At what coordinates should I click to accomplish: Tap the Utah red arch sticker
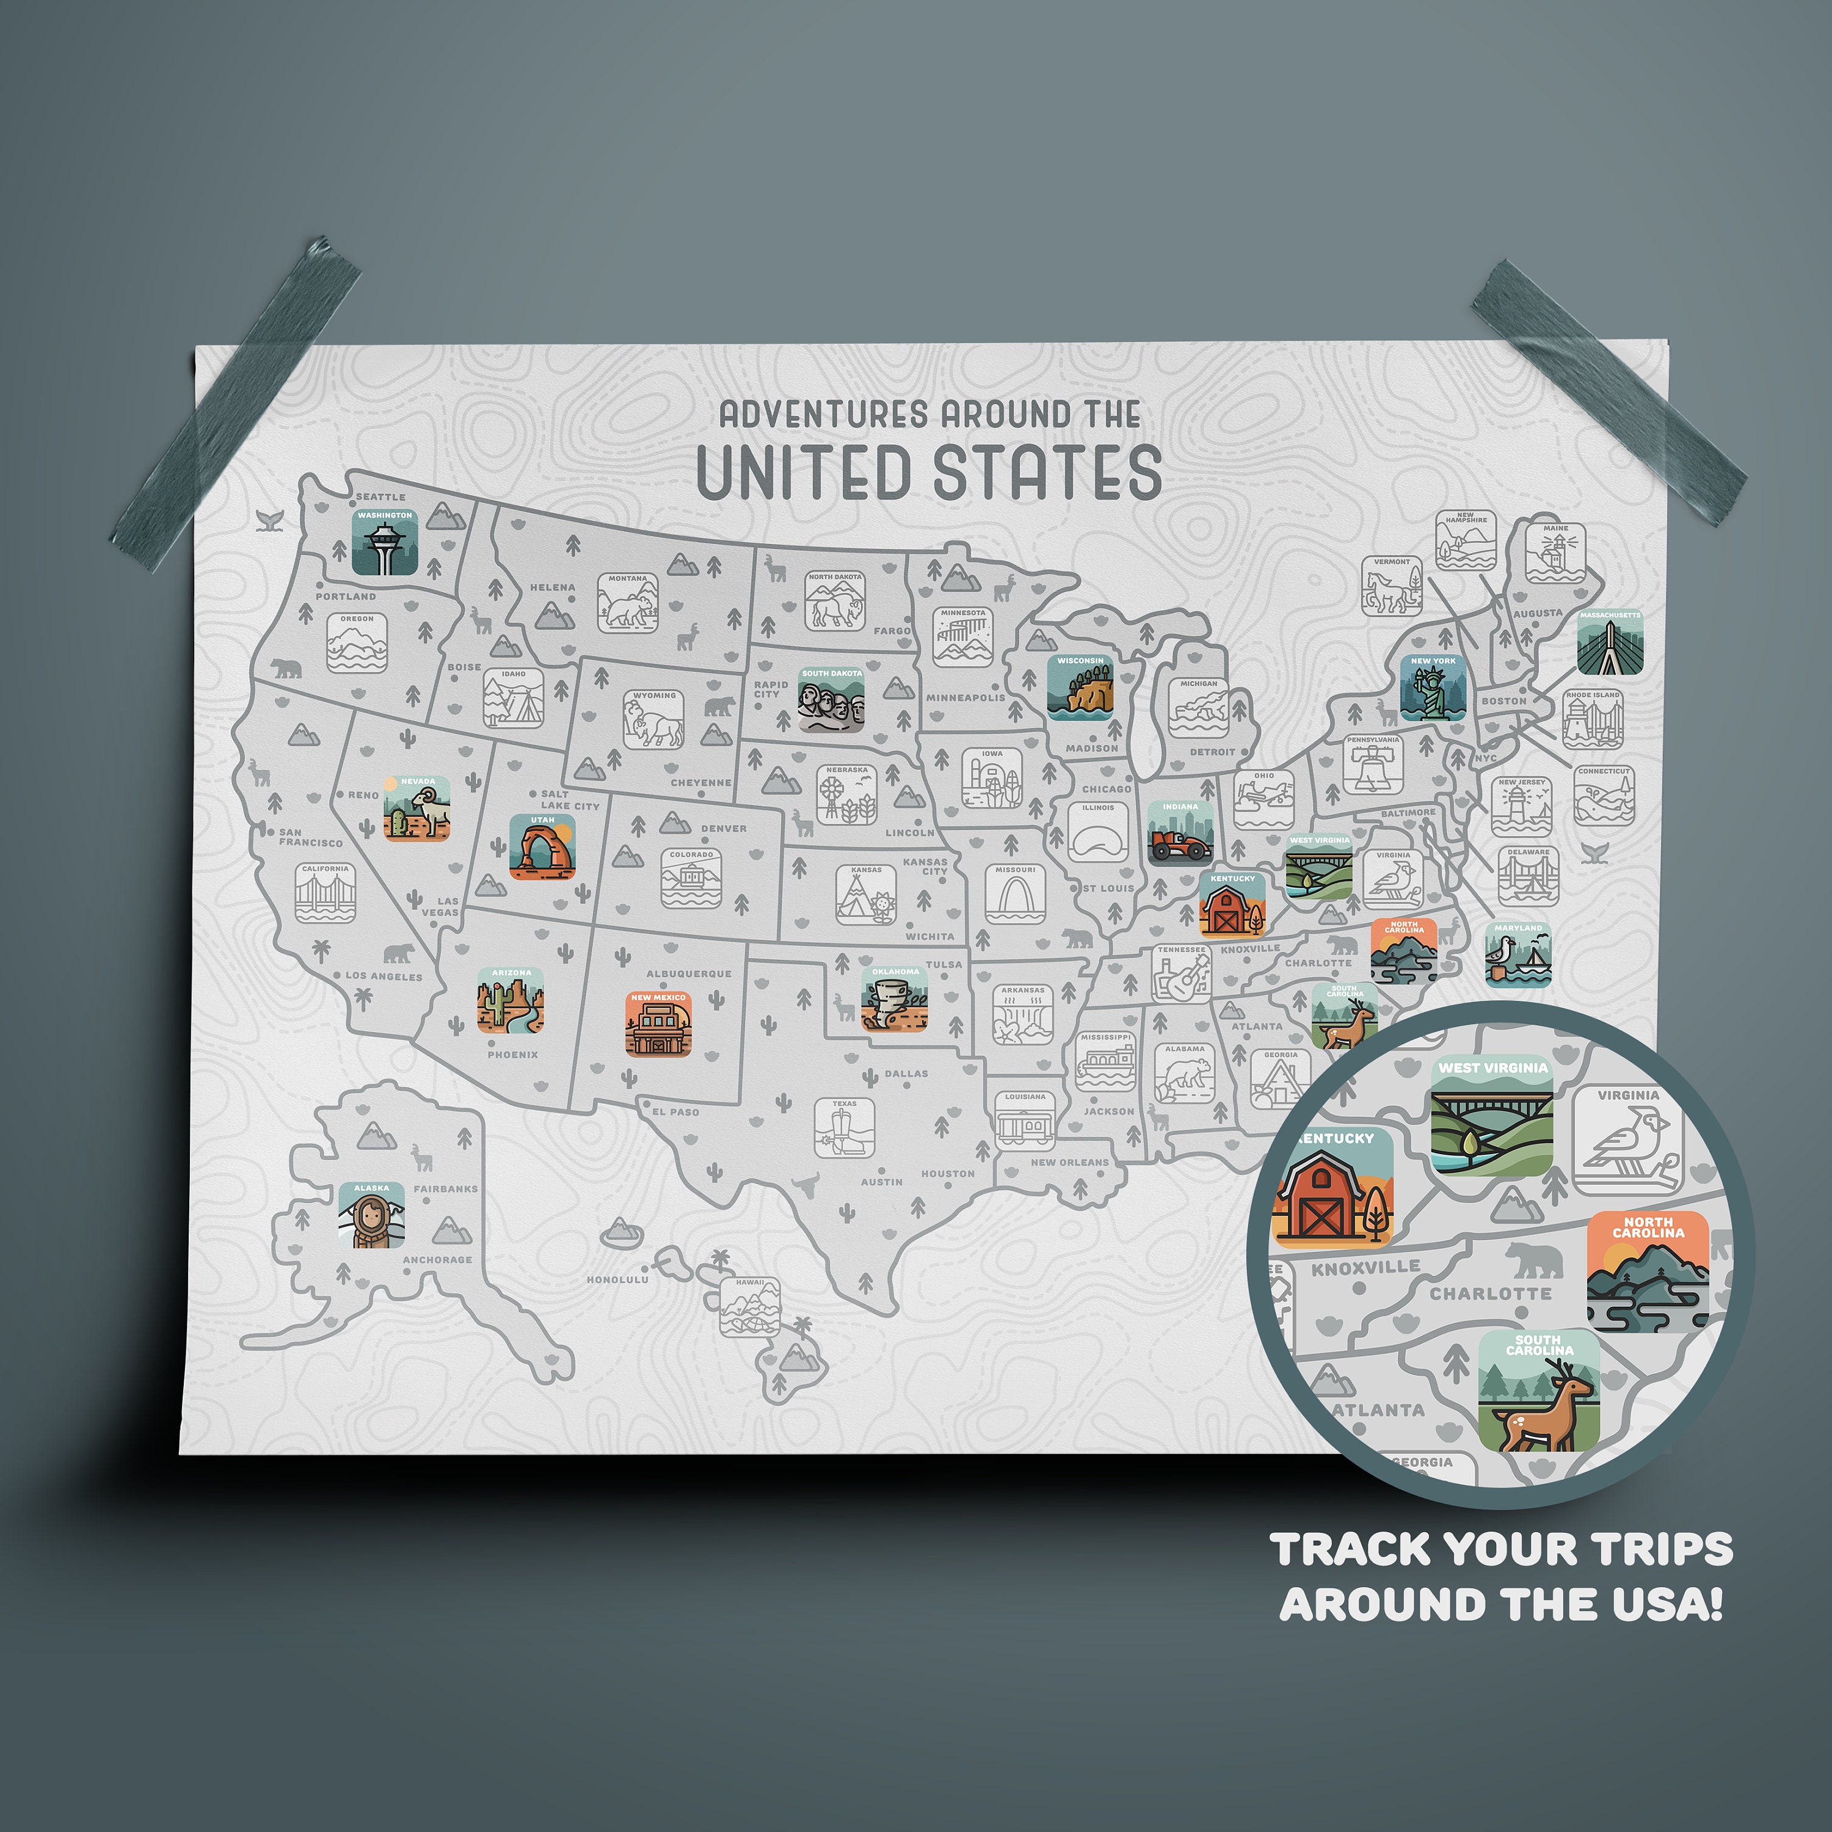(542, 847)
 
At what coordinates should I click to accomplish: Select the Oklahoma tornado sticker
(894, 998)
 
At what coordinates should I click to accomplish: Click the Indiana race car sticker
(1180, 832)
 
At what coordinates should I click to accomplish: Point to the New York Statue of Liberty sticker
(1433, 688)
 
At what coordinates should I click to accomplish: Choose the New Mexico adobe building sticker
(658, 1024)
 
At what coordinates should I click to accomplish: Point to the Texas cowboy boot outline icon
(844, 1129)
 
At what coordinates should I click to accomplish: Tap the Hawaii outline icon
(749, 1307)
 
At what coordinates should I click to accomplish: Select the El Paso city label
(675, 1111)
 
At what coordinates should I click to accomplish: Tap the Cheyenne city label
(701, 782)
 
